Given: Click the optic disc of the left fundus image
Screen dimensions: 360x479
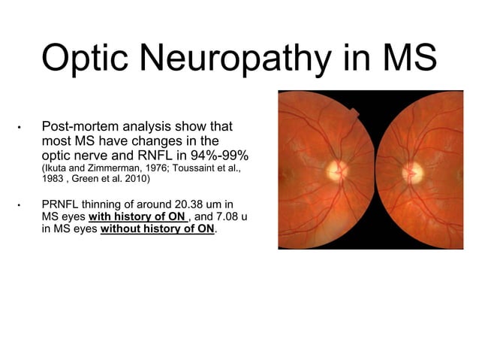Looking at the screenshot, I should point(336,171).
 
